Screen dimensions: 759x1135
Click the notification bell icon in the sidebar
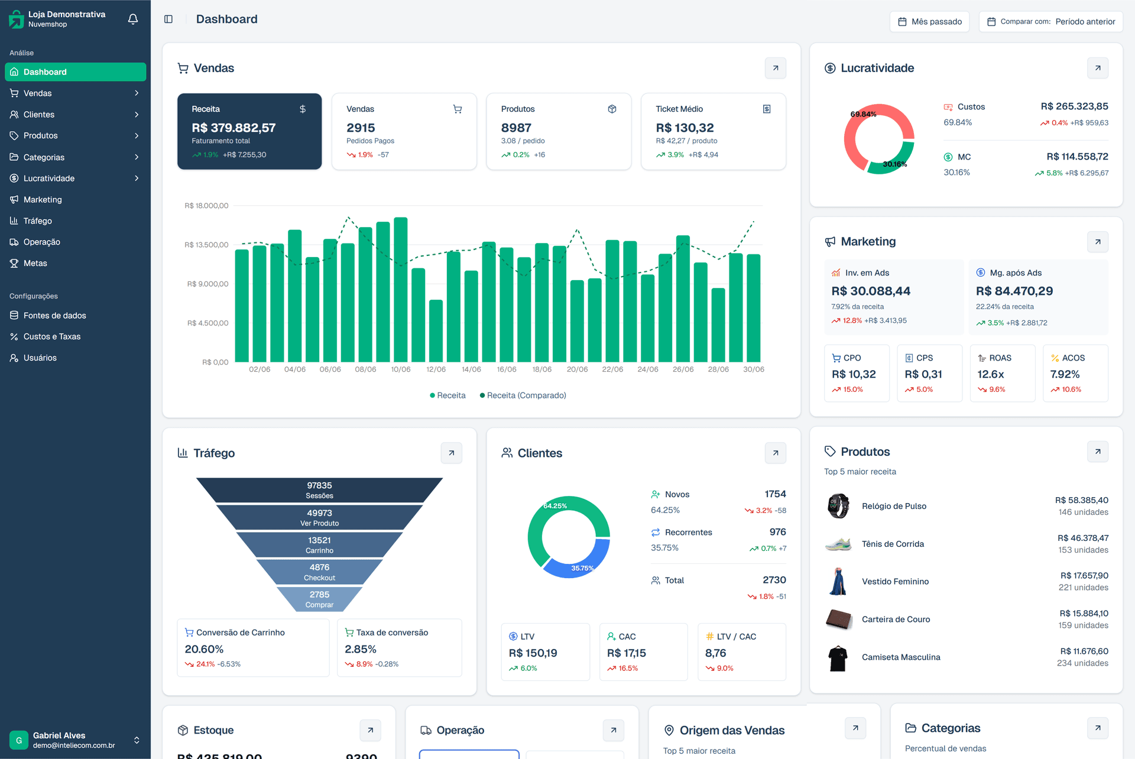[133, 19]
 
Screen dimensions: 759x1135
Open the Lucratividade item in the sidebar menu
[49, 179]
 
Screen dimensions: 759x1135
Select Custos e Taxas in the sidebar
[52, 336]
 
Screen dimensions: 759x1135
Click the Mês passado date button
[929, 22]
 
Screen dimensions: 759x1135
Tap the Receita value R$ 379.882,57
[234, 128]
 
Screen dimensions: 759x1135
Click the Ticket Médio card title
[679, 109]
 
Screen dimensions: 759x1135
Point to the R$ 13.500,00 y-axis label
[206, 245]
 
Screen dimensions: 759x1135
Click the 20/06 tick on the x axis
[577, 369]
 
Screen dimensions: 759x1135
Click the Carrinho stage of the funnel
[319, 544]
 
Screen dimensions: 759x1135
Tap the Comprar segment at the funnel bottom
[319, 599]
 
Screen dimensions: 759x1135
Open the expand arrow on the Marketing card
[1098, 242]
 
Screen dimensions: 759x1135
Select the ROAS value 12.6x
[991, 374]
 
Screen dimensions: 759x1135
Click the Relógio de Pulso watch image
[838, 506]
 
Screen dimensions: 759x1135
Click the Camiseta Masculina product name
[901, 657]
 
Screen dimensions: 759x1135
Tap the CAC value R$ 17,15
[626, 653]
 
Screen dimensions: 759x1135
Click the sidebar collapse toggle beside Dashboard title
[168, 20]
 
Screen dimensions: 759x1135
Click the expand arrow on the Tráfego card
[452, 453]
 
